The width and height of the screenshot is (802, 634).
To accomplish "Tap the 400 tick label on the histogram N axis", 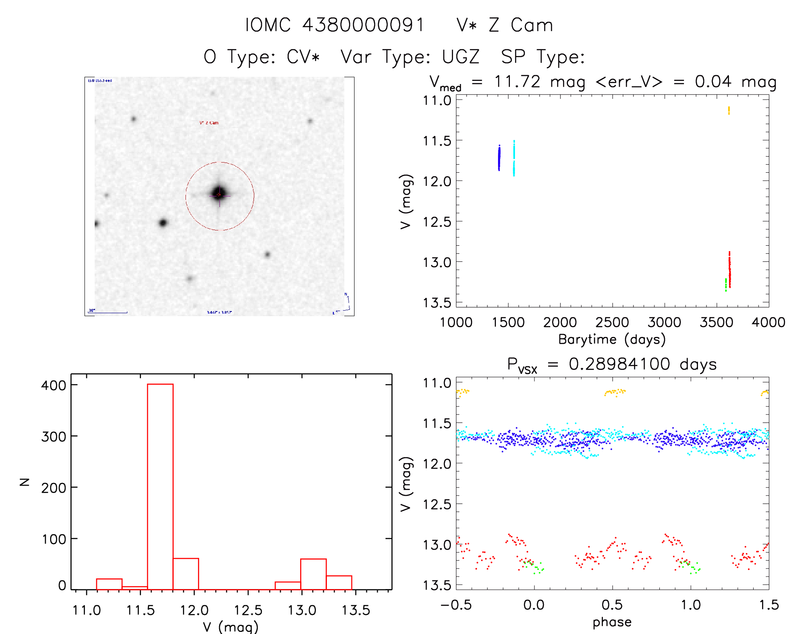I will pyautogui.click(x=54, y=385).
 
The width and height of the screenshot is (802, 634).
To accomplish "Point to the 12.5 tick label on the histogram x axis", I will pyautogui.click(x=248, y=610).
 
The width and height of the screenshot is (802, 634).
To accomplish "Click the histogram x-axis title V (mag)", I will pyautogui.click(x=231, y=626).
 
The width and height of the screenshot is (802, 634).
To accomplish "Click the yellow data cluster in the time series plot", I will pyautogui.click(x=729, y=111).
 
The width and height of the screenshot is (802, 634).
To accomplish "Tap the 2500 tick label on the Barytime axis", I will pyautogui.click(x=612, y=322).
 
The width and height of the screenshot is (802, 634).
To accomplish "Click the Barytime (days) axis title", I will pyautogui.click(x=612, y=339).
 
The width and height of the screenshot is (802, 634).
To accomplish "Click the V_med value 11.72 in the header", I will pyautogui.click(x=517, y=81).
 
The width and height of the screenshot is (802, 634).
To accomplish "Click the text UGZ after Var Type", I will pyautogui.click(x=461, y=57).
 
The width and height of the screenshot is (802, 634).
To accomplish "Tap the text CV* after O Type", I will pyautogui.click(x=303, y=57).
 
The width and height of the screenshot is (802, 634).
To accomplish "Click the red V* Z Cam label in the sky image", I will pyautogui.click(x=209, y=123).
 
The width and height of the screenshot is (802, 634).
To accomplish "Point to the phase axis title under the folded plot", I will pyautogui.click(x=612, y=622).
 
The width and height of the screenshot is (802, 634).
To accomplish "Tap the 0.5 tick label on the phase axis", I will pyautogui.click(x=612, y=605).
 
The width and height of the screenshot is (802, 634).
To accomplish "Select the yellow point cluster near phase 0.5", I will pyautogui.click(x=614, y=392).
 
